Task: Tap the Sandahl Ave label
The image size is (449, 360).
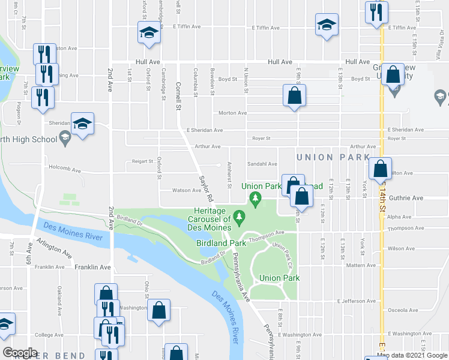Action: pyautogui.click(x=262, y=164)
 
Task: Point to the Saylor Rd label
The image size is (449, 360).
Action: pyautogui.click(x=205, y=187)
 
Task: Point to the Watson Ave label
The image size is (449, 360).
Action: pyautogui.click(x=187, y=190)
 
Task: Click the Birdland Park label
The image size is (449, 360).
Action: pyautogui.click(x=221, y=244)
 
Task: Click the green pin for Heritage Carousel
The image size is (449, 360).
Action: pyautogui.click(x=240, y=215)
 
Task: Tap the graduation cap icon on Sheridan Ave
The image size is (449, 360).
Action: pyautogui.click(x=82, y=124)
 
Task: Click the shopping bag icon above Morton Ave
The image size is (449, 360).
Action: pyautogui.click(x=295, y=95)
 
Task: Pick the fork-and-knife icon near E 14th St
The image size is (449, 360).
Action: pyautogui.click(x=376, y=12)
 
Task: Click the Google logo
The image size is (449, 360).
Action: pyautogui.click(x=20, y=353)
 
